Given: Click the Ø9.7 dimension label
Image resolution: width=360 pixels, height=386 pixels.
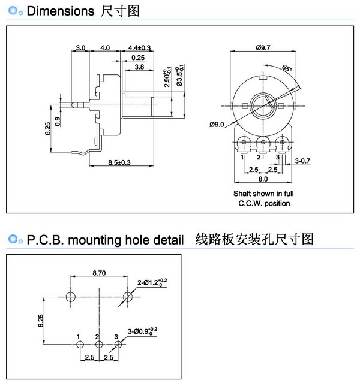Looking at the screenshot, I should click(265, 48).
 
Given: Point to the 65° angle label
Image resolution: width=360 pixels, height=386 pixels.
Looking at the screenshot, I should click(287, 70).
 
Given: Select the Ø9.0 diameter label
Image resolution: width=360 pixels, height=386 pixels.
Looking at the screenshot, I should click(217, 125).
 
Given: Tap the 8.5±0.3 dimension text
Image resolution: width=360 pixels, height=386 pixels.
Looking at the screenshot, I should click(119, 162).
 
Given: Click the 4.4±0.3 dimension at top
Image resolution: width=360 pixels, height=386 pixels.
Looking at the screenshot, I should click(139, 48).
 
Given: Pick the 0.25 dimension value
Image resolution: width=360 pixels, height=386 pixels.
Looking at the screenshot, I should click(138, 58).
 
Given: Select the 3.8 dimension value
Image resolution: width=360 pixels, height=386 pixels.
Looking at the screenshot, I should click(138, 67).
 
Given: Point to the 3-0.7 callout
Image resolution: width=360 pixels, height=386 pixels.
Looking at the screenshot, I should click(302, 161).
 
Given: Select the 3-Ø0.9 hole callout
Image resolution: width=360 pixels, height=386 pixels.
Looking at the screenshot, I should click(142, 330).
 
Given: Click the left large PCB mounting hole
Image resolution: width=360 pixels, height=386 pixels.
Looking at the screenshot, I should click(71, 297).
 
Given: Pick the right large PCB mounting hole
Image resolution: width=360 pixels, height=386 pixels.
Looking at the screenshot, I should click(127, 297).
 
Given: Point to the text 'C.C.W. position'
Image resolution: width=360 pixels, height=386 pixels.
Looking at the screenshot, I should click(263, 203).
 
